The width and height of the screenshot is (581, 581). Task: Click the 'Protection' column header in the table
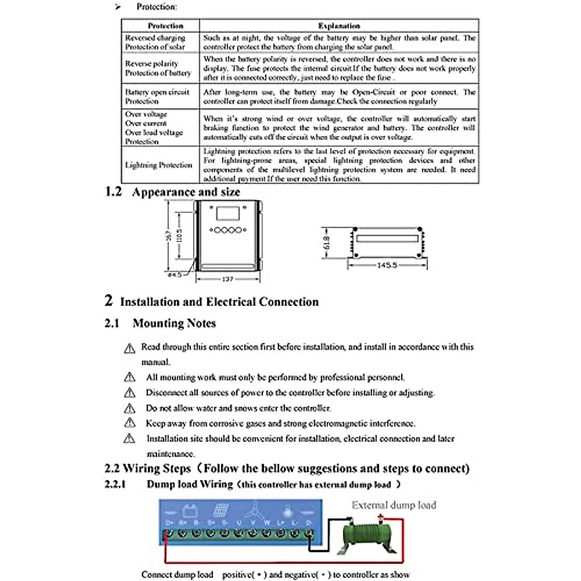[x=165, y=26]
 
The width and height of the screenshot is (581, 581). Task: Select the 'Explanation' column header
[x=339, y=26]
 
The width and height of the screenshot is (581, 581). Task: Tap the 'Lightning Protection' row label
[x=159, y=165]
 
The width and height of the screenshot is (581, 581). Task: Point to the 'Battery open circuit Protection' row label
[x=157, y=96]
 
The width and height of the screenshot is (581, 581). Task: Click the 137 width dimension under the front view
[x=228, y=279]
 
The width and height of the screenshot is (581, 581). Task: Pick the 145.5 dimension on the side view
[x=387, y=265]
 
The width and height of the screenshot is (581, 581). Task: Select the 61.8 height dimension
[x=326, y=243]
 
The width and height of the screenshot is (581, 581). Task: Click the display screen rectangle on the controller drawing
[x=227, y=214]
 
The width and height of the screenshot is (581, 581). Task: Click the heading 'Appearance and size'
[x=186, y=192]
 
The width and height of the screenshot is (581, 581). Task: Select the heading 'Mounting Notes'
[x=174, y=323]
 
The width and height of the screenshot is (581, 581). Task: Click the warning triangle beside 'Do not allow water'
[x=129, y=408]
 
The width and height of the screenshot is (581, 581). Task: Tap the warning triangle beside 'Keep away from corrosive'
[x=129, y=423]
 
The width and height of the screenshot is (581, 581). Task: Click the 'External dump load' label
[x=394, y=505]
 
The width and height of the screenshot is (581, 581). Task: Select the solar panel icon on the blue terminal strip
[x=221, y=510]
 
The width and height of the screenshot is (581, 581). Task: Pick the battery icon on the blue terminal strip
[x=189, y=511]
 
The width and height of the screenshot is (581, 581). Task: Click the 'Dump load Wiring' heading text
[x=190, y=484]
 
